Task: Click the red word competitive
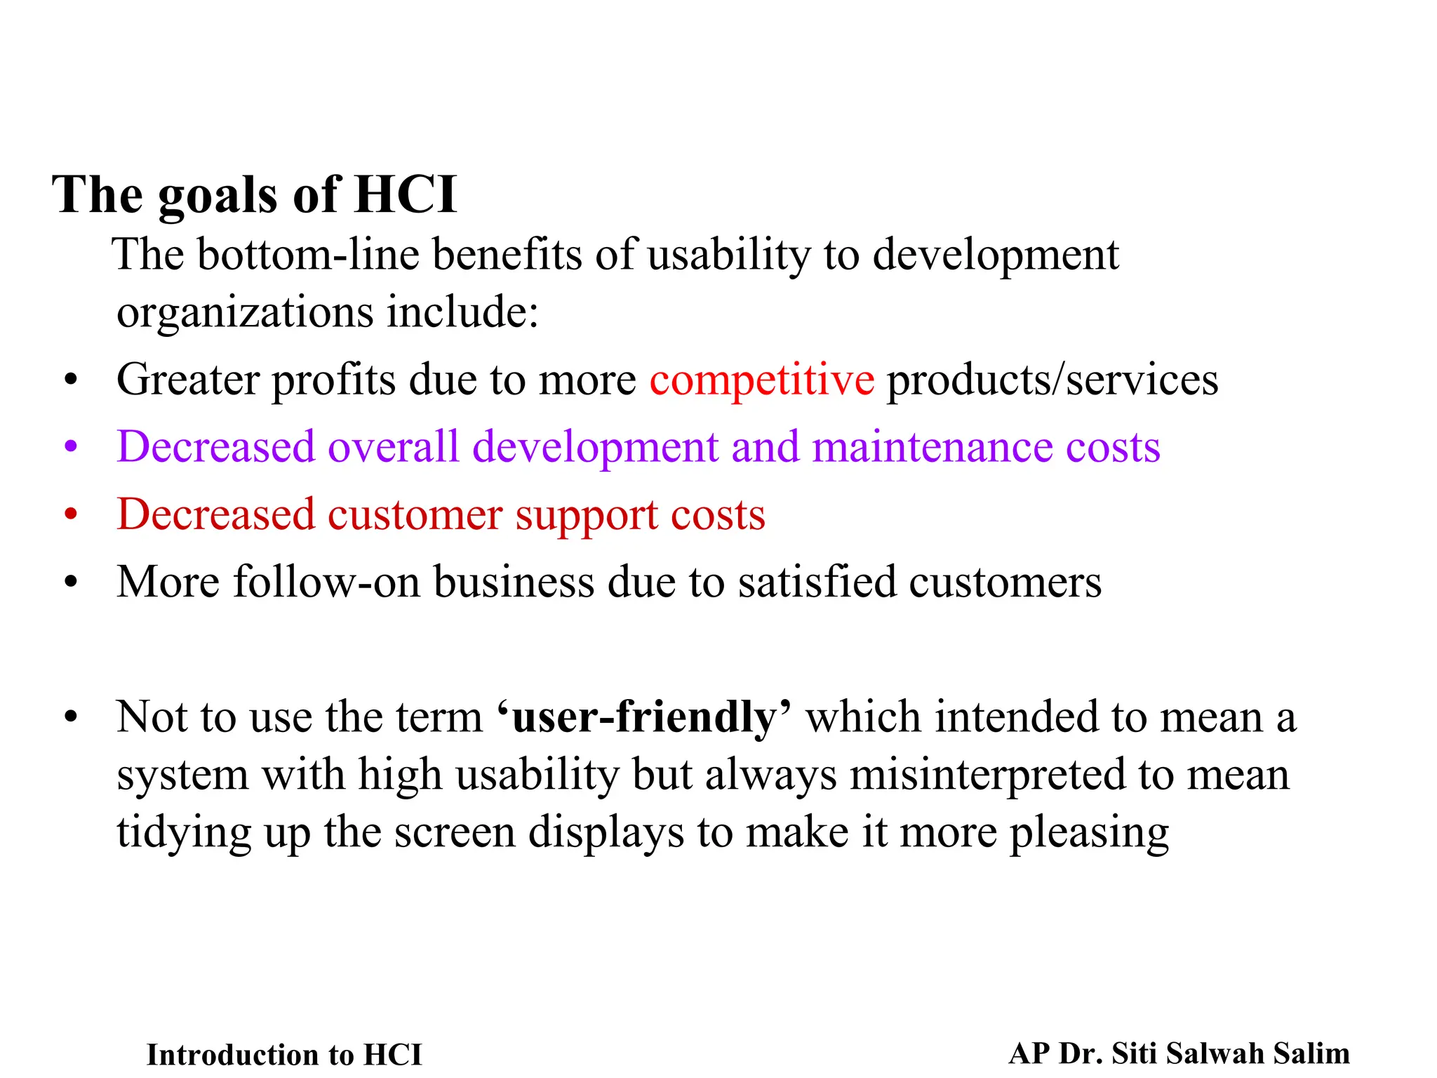pyautogui.click(x=761, y=381)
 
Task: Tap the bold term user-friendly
pyautogui.click(x=644, y=717)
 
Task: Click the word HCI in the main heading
pyautogui.click(x=406, y=195)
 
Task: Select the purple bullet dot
pyautogui.click(x=70, y=446)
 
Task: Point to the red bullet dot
pyautogui.click(x=70, y=514)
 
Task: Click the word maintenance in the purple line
pyautogui.click(x=932, y=448)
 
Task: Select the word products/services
pyautogui.click(x=1052, y=381)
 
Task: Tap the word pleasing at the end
pyautogui.click(x=1089, y=834)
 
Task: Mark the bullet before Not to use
pyautogui.click(x=70, y=718)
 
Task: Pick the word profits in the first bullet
pyautogui.click(x=333, y=381)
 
